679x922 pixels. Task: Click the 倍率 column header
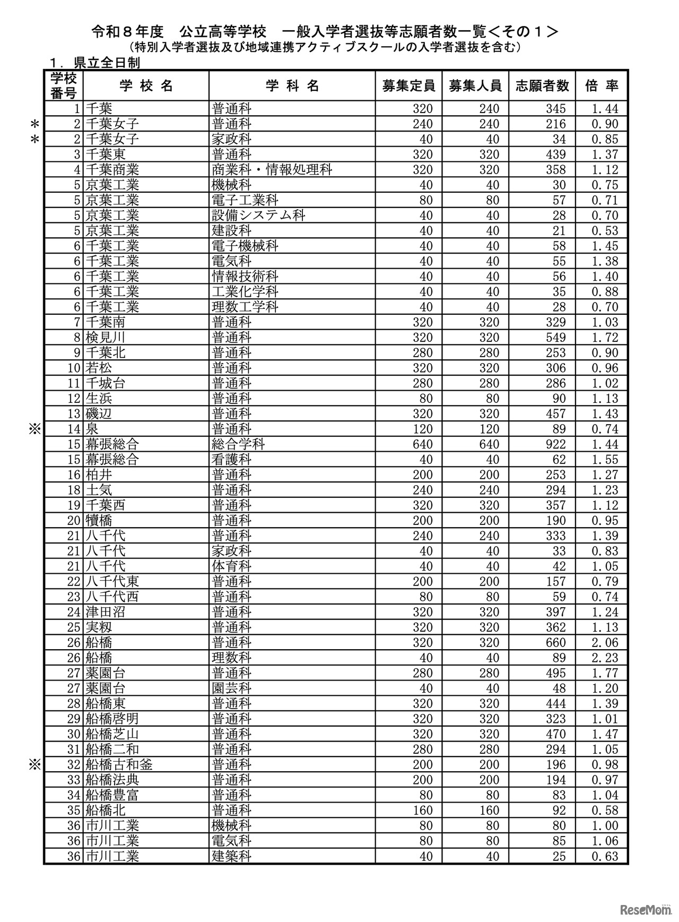pyautogui.click(x=602, y=85)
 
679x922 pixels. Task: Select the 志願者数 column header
pyautogui.click(x=542, y=85)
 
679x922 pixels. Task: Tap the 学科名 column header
pyautogui.click(x=292, y=85)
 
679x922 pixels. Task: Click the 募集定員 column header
pyautogui.click(x=408, y=85)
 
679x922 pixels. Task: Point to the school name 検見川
pyautogui.click(x=105, y=338)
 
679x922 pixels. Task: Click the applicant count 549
pyautogui.click(x=555, y=338)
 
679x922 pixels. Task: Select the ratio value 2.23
pyautogui.click(x=604, y=658)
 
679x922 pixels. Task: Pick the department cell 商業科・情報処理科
pyautogui.click(x=272, y=170)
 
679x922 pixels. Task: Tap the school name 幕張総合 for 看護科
pyautogui.click(x=112, y=460)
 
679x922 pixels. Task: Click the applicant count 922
pyautogui.click(x=555, y=444)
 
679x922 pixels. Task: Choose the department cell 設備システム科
pyautogui.click(x=258, y=216)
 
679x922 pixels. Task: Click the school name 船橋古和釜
pyautogui.click(x=119, y=765)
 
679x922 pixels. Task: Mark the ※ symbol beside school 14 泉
pyautogui.click(x=35, y=429)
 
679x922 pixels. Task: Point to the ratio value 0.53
pyautogui.click(x=604, y=231)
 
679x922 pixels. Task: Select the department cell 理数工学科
pyautogui.click(x=245, y=307)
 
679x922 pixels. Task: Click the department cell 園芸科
pyautogui.click(x=231, y=688)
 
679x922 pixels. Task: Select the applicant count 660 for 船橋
pyautogui.click(x=555, y=643)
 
